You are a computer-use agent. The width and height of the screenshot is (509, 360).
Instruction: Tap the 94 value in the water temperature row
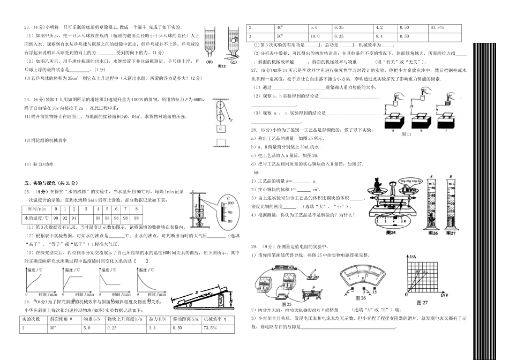pyautogui.click(x=74, y=218)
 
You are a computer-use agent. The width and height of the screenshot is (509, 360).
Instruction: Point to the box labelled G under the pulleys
pyautogui.click(x=220, y=129)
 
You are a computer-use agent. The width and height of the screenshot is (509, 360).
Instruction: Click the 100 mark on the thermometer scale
pyautogui.click(x=230, y=204)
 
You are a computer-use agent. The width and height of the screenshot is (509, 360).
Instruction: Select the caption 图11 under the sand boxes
pyautogui.click(x=406, y=134)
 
